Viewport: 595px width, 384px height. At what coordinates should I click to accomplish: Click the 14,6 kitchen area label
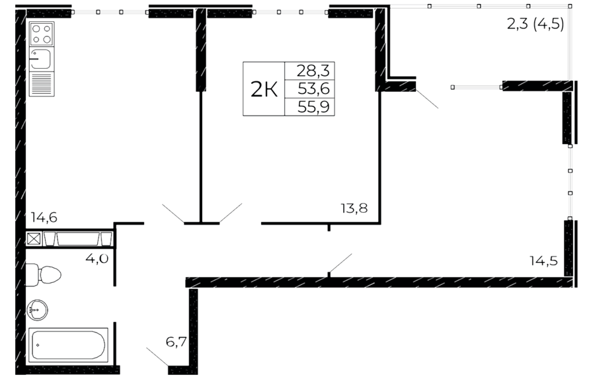(x=44, y=217)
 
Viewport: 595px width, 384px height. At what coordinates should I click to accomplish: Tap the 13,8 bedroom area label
(x=354, y=208)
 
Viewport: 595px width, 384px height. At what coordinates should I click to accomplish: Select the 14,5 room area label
(x=544, y=260)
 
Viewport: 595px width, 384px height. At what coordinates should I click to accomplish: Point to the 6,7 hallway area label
(x=176, y=342)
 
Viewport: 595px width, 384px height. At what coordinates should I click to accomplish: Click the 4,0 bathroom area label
(x=97, y=258)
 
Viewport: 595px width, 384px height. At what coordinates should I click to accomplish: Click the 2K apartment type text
(x=264, y=89)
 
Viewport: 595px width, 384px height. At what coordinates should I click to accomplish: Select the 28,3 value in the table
(x=313, y=71)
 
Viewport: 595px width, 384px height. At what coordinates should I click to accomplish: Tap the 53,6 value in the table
(x=313, y=89)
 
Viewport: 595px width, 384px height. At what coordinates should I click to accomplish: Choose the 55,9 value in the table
(x=313, y=107)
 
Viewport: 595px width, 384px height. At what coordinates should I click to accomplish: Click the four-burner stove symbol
(x=42, y=34)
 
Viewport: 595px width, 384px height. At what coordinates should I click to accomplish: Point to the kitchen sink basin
(x=42, y=59)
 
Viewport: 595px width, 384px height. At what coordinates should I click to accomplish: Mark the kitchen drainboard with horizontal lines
(x=42, y=84)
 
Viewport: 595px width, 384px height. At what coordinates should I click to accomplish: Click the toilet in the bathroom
(x=43, y=275)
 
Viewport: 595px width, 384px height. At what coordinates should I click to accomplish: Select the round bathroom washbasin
(x=37, y=310)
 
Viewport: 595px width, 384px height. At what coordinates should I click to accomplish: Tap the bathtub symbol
(x=69, y=345)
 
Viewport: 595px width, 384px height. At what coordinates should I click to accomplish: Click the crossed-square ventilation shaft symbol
(x=34, y=239)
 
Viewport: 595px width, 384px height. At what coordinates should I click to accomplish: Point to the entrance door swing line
(x=157, y=357)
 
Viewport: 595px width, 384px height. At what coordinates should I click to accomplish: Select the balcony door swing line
(x=427, y=99)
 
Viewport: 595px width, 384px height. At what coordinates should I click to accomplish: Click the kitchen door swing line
(x=173, y=213)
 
